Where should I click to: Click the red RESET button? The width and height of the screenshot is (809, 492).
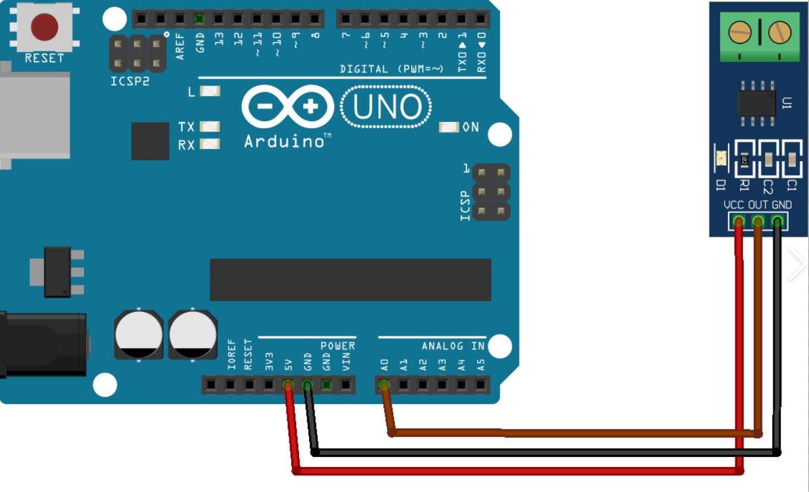45,27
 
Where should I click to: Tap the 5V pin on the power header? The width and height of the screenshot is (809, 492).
288,386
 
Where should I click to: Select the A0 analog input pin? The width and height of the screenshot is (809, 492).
384,386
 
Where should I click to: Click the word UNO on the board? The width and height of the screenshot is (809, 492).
387,108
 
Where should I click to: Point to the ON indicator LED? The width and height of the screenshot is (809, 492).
449,127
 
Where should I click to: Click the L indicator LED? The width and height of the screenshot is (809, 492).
210,92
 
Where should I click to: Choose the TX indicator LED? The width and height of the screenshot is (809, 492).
210,127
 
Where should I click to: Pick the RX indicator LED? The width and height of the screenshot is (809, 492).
210,144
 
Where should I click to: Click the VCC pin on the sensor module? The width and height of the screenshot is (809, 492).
739,222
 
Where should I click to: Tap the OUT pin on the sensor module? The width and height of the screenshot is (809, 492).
758,222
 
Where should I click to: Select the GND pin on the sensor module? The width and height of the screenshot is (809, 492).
777,222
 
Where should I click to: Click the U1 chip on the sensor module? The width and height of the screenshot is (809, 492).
757,103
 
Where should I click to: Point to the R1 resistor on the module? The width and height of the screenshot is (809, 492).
744,159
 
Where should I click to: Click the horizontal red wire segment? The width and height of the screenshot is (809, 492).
517,471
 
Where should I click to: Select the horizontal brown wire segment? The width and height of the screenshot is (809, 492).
571,433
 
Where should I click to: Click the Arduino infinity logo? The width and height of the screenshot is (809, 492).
288,107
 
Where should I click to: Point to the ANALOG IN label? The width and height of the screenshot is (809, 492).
453,346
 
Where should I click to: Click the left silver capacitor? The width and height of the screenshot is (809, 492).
138,335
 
